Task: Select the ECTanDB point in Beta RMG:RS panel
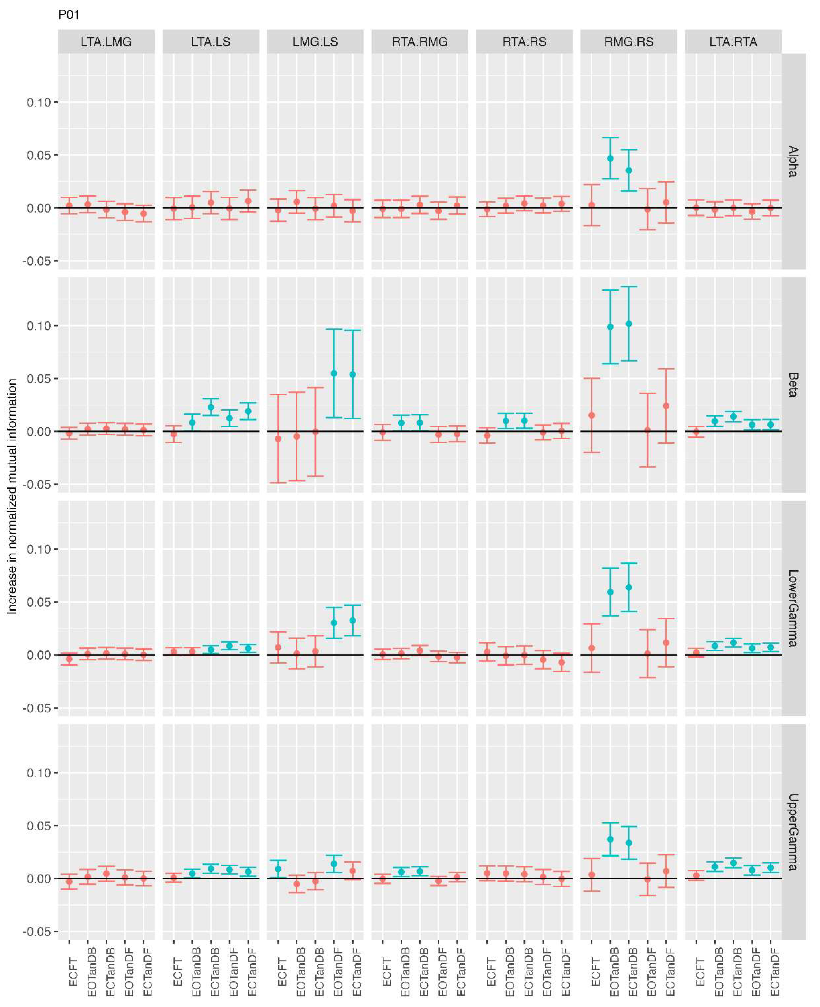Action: [x=629, y=324]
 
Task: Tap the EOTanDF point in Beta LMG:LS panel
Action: [x=334, y=373]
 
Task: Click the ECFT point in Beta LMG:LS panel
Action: [x=278, y=439]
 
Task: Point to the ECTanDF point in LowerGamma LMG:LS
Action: [x=352, y=620]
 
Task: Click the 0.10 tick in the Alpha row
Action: [x=39, y=102]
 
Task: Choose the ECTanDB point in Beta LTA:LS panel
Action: [x=211, y=407]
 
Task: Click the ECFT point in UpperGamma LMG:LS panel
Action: [x=278, y=868]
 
